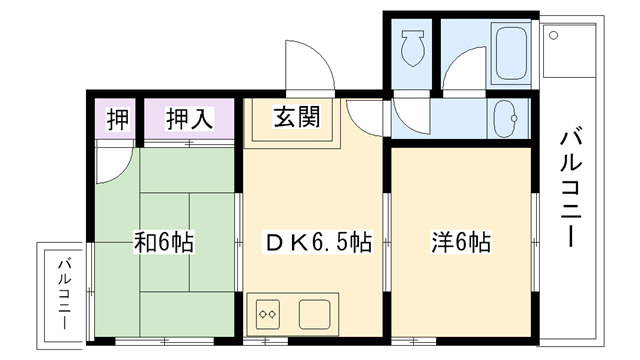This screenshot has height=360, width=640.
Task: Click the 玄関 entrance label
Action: click(x=297, y=119)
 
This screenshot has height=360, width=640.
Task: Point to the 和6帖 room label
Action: click(x=164, y=241)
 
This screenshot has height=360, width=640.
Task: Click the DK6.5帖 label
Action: click(x=318, y=241)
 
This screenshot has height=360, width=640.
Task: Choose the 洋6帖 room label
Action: click(x=461, y=241)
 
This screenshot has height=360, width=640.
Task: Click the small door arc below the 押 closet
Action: click(x=114, y=159)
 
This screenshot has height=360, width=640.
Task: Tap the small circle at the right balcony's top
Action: click(x=552, y=35)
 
